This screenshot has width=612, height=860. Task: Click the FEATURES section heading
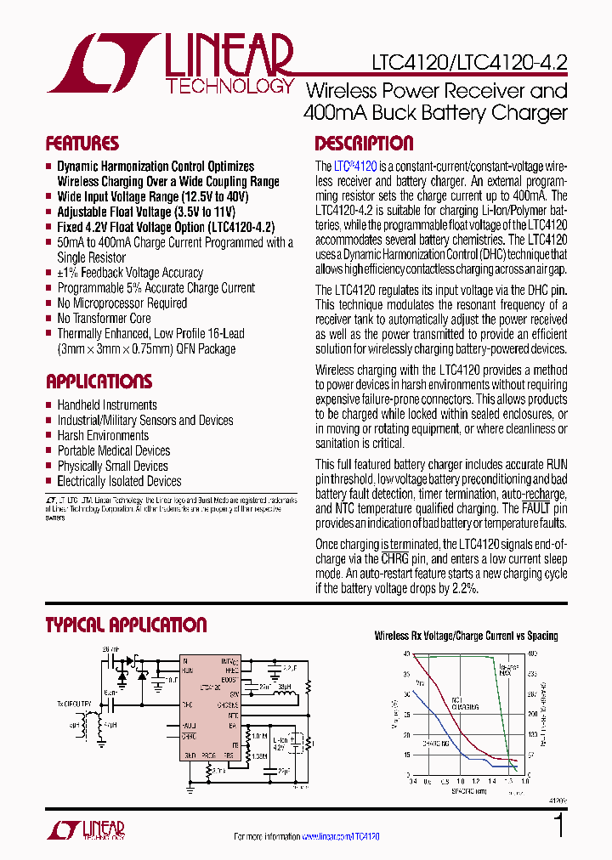[x=82, y=144]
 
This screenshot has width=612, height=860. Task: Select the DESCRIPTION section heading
[x=364, y=144]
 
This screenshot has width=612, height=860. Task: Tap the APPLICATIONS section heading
[x=99, y=382]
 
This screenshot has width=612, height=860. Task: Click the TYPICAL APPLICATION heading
[x=126, y=625]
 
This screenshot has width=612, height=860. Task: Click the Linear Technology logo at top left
[x=170, y=64]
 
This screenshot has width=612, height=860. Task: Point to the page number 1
[x=558, y=825]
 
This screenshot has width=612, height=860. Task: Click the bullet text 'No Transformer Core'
[x=104, y=319]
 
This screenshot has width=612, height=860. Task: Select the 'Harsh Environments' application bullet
[x=103, y=436]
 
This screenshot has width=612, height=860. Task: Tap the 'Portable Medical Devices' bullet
[x=113, y=451]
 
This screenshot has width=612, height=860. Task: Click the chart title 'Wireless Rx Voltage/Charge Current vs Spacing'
[x=467, y=636]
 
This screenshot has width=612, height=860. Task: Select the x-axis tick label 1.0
[x=460, y=780]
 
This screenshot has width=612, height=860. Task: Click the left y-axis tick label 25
[x=406, y=715]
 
